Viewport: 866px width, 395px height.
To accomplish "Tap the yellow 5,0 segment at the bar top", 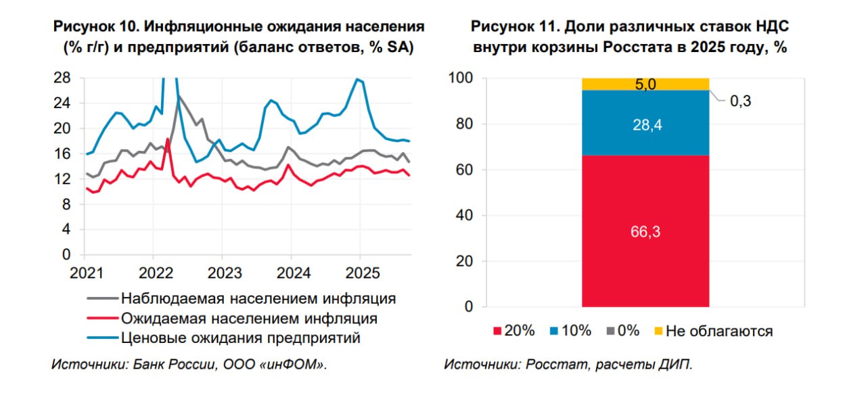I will tap(645, 84).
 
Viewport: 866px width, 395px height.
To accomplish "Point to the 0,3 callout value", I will tap(741, 101).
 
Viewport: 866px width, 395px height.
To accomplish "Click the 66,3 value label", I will tap(645, 231).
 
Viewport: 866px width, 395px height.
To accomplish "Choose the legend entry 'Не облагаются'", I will tap(719, 331).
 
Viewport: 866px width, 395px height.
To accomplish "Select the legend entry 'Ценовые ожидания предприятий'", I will tap(241, 338).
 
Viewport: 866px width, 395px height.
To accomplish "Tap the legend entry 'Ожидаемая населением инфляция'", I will tap(249, 318).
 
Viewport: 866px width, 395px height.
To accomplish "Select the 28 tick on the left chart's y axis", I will tap(62, 78).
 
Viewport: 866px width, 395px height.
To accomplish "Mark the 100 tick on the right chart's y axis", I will tap(460, 78).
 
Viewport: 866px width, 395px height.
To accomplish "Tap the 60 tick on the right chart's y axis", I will tap(464, 170).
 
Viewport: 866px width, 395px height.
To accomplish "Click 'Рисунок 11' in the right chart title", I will tap(515, 27).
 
